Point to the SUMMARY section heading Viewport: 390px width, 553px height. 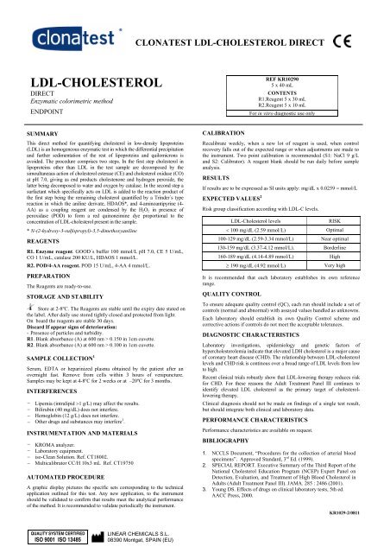pyautogui.click(x=32, y=136)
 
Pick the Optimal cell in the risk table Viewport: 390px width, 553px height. pyautogui.click(x=343, y=232)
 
